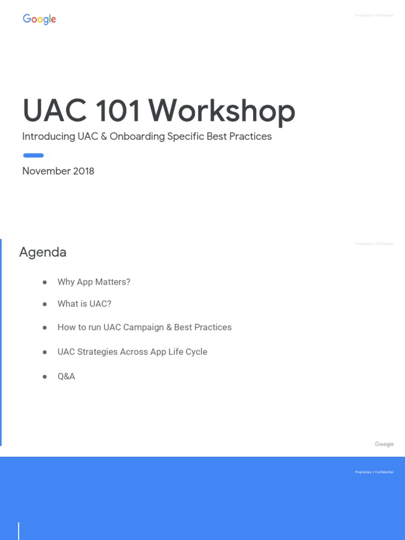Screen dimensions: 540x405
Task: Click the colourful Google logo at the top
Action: tap(39, 20)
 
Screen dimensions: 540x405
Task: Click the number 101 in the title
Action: tap(118, 111)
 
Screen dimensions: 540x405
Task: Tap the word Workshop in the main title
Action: tap(221, 111)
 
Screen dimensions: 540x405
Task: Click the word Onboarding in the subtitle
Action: tap(137, 137)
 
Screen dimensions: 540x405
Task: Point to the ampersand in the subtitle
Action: tap(103, 137)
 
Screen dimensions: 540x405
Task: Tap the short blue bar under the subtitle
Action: tap(33, 155)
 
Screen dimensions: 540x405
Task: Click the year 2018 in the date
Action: tap(83, 171)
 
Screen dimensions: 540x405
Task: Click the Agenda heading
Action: tap(43, 252)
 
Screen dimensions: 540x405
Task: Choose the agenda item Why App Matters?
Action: tap(94, 282)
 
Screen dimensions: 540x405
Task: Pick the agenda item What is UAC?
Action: tap(84, 304)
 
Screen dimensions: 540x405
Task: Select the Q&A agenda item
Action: tap(66, 377)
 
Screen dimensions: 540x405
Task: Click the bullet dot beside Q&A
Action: tap(45, 377)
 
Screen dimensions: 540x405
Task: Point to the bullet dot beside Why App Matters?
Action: tap(45, 282)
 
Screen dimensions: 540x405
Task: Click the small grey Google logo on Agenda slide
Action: tap(384, 444)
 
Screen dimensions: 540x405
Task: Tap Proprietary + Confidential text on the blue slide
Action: tap(374, 472)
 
